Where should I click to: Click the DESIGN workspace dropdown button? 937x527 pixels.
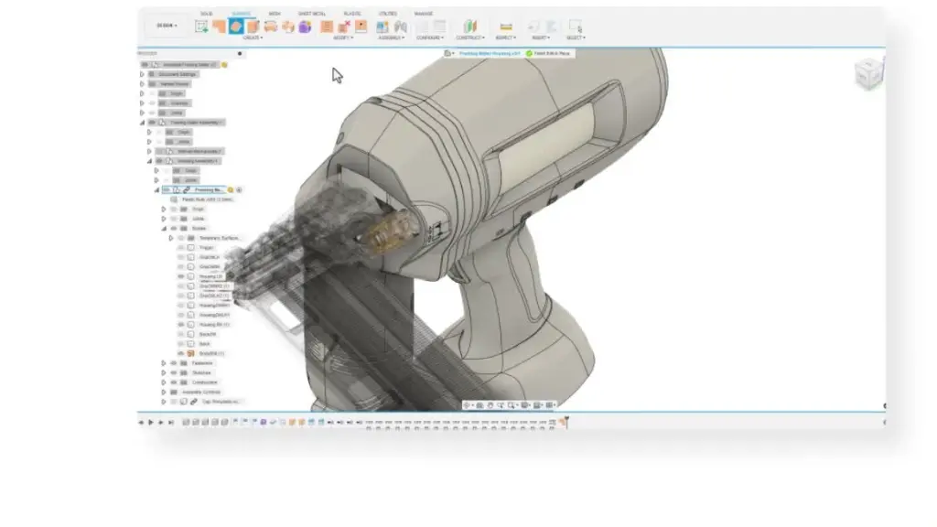coord(167,26)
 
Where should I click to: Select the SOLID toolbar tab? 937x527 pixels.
coord(207,14)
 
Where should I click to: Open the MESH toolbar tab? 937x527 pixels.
coord(275,14)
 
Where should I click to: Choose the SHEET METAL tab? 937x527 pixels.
coord(311,14)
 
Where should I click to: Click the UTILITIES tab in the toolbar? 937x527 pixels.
coord(387,14)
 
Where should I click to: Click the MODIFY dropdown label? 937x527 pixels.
coord(343,38)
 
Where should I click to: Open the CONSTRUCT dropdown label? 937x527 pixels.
coord(469,38)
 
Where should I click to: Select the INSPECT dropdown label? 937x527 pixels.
coord(505,38)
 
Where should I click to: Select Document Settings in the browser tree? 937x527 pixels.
coord(178,74)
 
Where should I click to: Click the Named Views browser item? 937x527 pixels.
coord(175,83)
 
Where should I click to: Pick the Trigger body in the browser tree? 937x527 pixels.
coord(205,247)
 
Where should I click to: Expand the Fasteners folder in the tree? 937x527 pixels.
coord(164,362)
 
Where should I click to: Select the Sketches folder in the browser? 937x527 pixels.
coord(201,372)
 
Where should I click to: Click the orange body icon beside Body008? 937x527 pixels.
coord(190,353)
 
